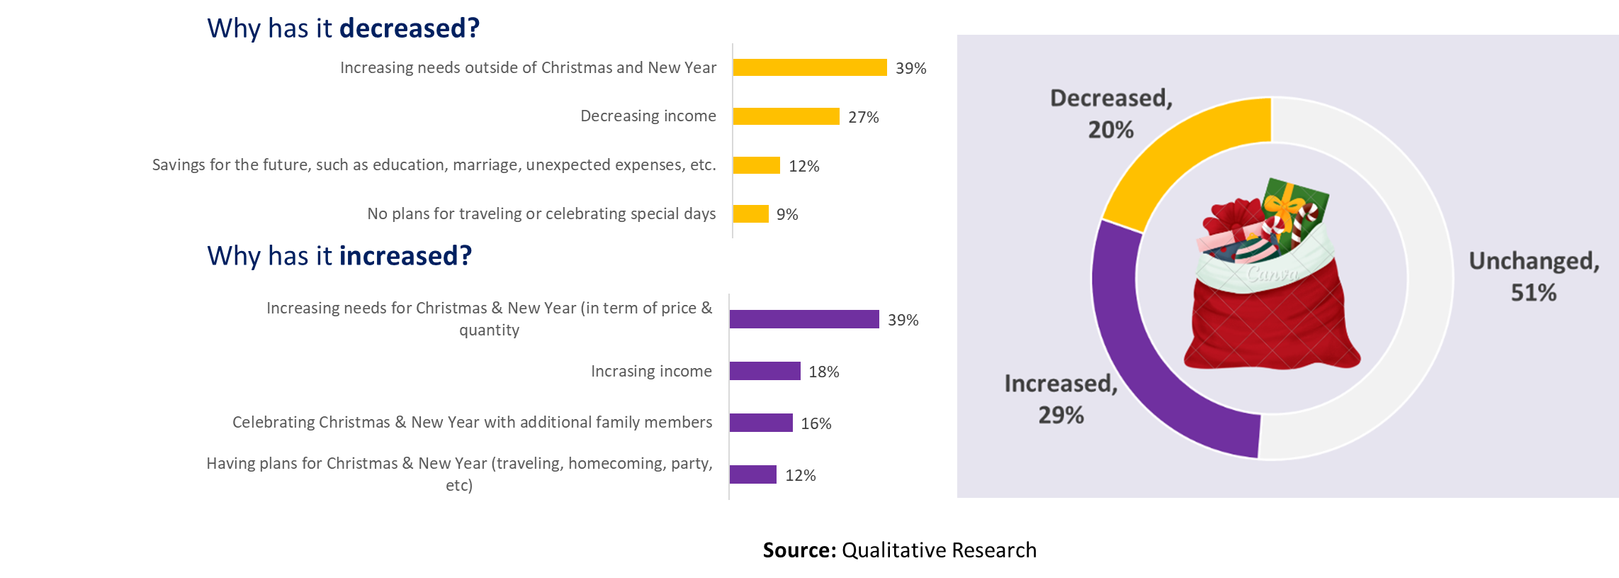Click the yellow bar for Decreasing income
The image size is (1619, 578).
786,116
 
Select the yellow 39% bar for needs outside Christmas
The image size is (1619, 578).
809,67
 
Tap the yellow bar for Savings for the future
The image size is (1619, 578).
756,165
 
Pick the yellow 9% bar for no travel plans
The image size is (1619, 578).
750,213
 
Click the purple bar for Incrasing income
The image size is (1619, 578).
765,371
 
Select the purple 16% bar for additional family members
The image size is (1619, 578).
760,423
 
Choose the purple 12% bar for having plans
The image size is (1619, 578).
752,474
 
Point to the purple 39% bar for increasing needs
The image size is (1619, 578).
803,319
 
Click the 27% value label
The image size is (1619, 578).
863,117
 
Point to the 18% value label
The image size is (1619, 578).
823,372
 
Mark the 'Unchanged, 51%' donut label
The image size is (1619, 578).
1534,277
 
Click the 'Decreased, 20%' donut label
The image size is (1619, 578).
1111,113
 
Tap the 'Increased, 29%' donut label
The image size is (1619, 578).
1061,399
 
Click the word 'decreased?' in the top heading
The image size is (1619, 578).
410,28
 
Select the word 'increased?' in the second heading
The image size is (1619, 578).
406,256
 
